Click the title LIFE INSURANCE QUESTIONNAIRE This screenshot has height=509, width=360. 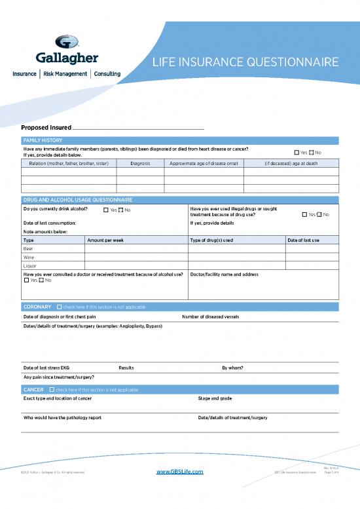click(x=245, y=62)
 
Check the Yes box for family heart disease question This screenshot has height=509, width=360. click(x=297, y=153)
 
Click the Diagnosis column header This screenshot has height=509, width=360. click(x=140, y=163)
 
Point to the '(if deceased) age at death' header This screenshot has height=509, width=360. click(x=291, y=163)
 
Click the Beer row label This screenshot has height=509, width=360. click(x=28, y=249)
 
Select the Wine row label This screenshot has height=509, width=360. click(x=29, y=257)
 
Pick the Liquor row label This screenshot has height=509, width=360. click(x=30, y=266)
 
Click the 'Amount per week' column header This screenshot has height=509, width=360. click(x=106, y=240)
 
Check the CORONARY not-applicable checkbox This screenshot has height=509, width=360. click(x=60, y=307)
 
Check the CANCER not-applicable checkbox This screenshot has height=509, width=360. click(x=52, y=390)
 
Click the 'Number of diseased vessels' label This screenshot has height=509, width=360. click(x=210, y=316)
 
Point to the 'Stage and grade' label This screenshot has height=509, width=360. click(x=215, y=398)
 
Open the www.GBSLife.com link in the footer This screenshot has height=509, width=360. click(x=180, y=472)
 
